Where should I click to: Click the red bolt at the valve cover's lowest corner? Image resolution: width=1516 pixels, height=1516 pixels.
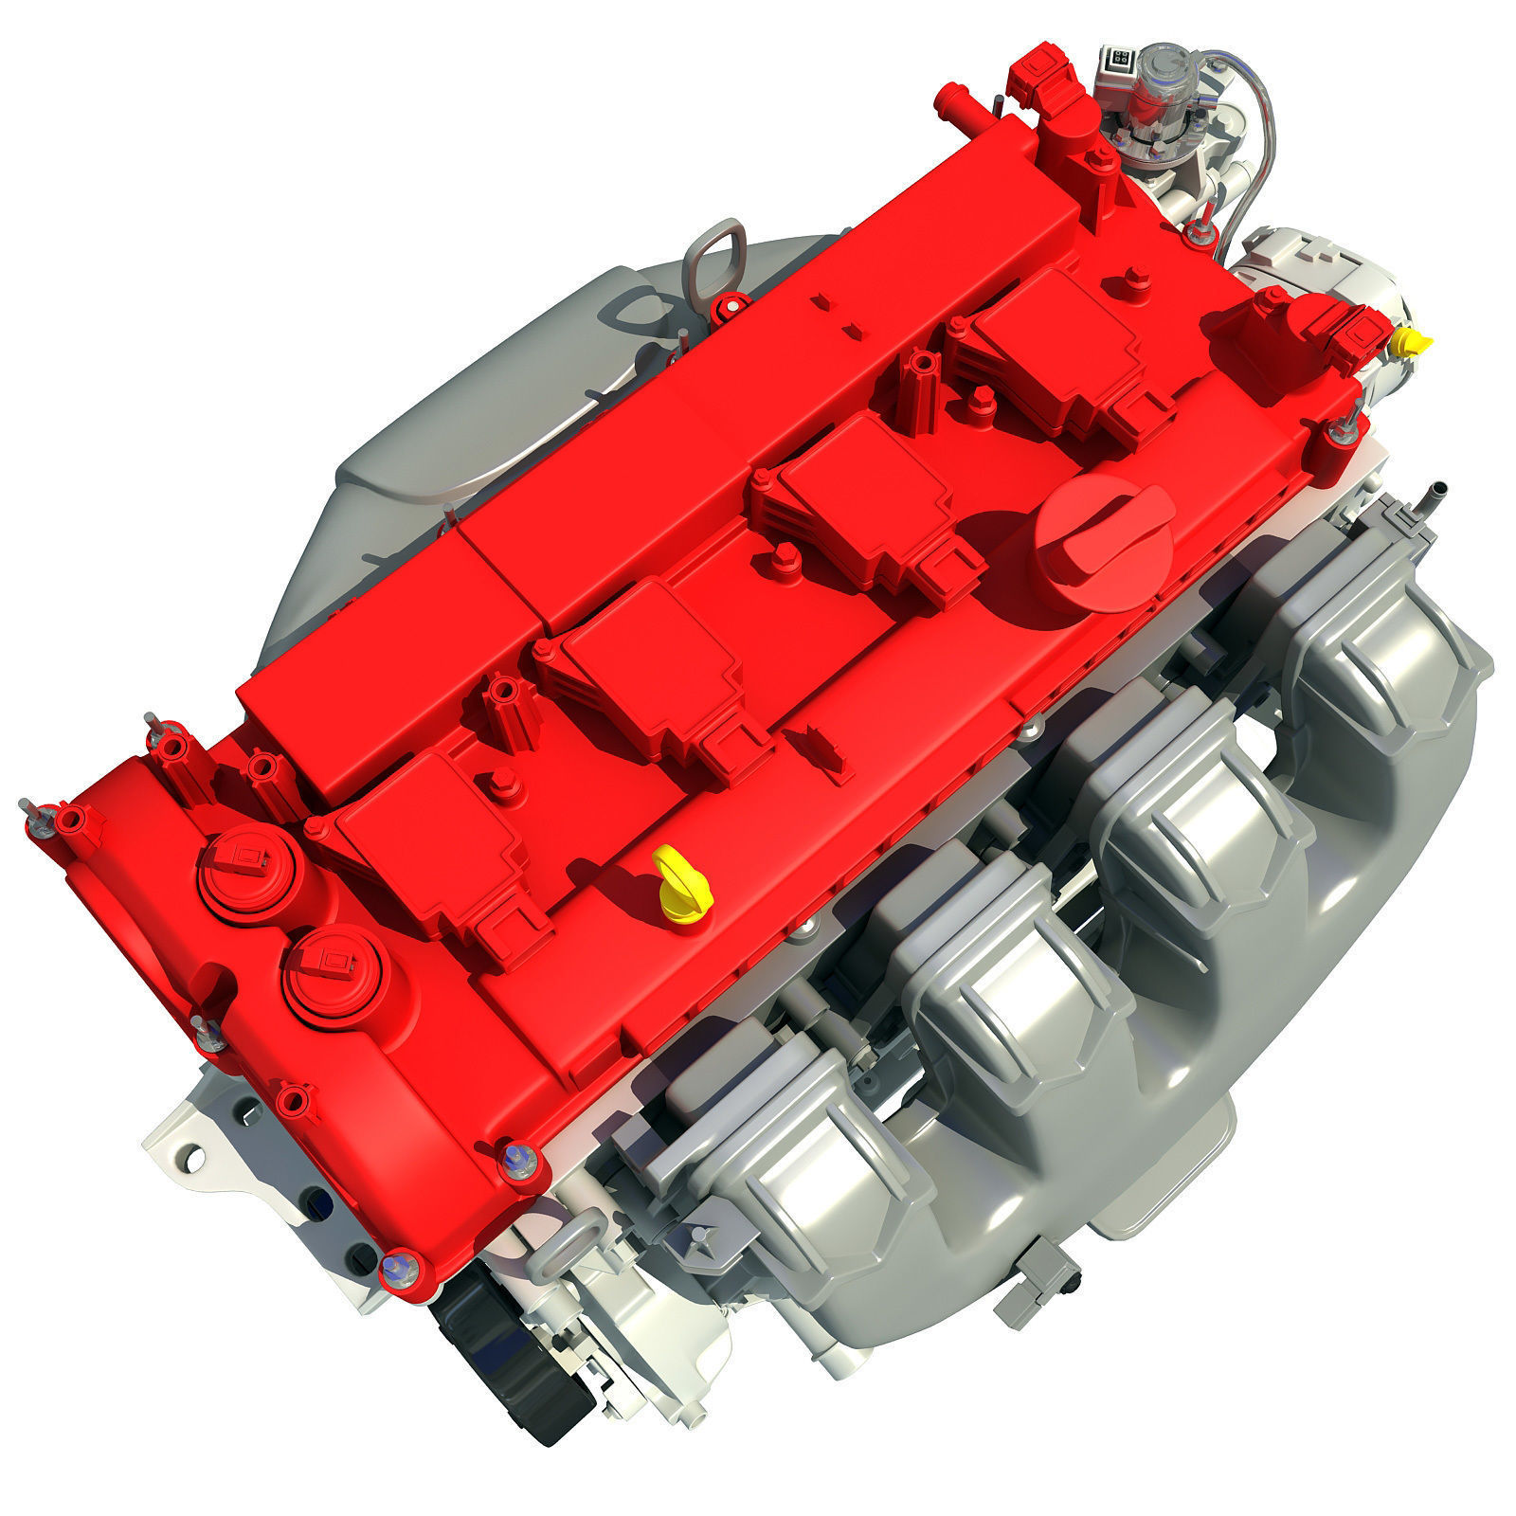(x=398, y=1267)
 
